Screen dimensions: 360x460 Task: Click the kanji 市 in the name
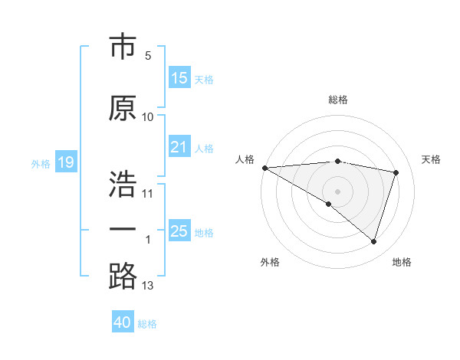(123, 47)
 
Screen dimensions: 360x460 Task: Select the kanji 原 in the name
(123, 109)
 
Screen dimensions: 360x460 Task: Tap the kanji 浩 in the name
(123, 185)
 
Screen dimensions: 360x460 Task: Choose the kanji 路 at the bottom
(123, 277)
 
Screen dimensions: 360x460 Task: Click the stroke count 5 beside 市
(148, 55)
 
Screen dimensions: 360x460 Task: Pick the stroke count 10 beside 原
(148, 116)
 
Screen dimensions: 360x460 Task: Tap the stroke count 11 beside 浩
(148, 193)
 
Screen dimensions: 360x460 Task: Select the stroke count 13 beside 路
(148, 286)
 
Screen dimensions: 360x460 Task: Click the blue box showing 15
(179, 78)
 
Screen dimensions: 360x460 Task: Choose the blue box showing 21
(179, 147)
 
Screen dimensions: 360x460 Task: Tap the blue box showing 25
(179, 231)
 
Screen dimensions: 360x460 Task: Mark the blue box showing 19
(65, 162)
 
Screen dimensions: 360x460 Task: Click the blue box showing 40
(123, 322)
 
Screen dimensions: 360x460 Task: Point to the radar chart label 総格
(338, 100)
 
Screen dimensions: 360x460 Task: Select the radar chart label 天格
(432, 159)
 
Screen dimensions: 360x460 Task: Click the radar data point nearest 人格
(264, 167)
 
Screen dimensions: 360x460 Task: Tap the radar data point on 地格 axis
(373, 242)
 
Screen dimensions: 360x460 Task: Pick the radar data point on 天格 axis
(396, 172)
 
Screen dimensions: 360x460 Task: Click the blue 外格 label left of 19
(41, 163)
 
